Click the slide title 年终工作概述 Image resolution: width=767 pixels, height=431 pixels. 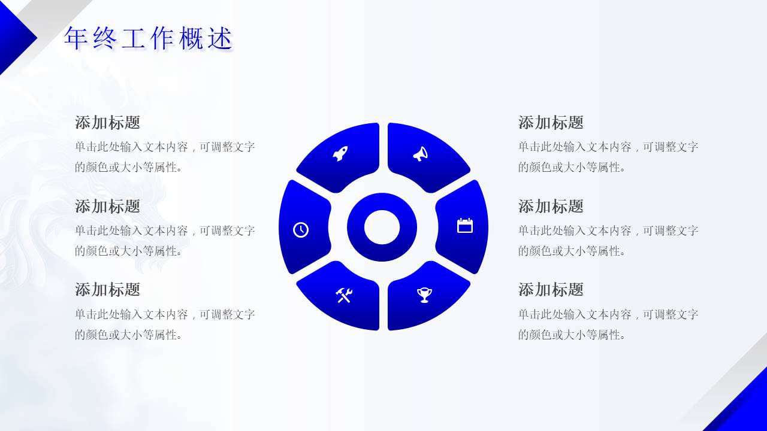coord(148,38)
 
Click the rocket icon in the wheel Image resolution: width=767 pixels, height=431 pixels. coord(340,154)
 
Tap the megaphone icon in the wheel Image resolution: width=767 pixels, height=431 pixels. coord(421,154)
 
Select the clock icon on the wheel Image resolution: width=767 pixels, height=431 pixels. coord(301,229)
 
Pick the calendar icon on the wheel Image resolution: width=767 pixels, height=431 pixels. coord(465,226)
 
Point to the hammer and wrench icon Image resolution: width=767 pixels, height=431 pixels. coord(344,295)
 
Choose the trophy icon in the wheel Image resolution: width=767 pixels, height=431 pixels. coord(424,295)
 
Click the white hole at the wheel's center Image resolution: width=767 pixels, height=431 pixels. coord(382,227)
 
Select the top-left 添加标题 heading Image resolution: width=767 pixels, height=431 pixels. coord(107,123)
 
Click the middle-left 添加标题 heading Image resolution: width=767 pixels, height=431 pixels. coord(107,207)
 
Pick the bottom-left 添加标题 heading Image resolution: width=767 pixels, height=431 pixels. coord(107,290)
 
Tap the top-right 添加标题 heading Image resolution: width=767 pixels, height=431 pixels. coord(551,123)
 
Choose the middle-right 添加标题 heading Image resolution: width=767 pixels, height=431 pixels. coord(551,207)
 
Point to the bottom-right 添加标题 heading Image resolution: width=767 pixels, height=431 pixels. coord(551,290)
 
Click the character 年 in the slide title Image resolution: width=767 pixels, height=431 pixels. coord(76,38)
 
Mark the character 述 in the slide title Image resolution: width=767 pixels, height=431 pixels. coord(219,38)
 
